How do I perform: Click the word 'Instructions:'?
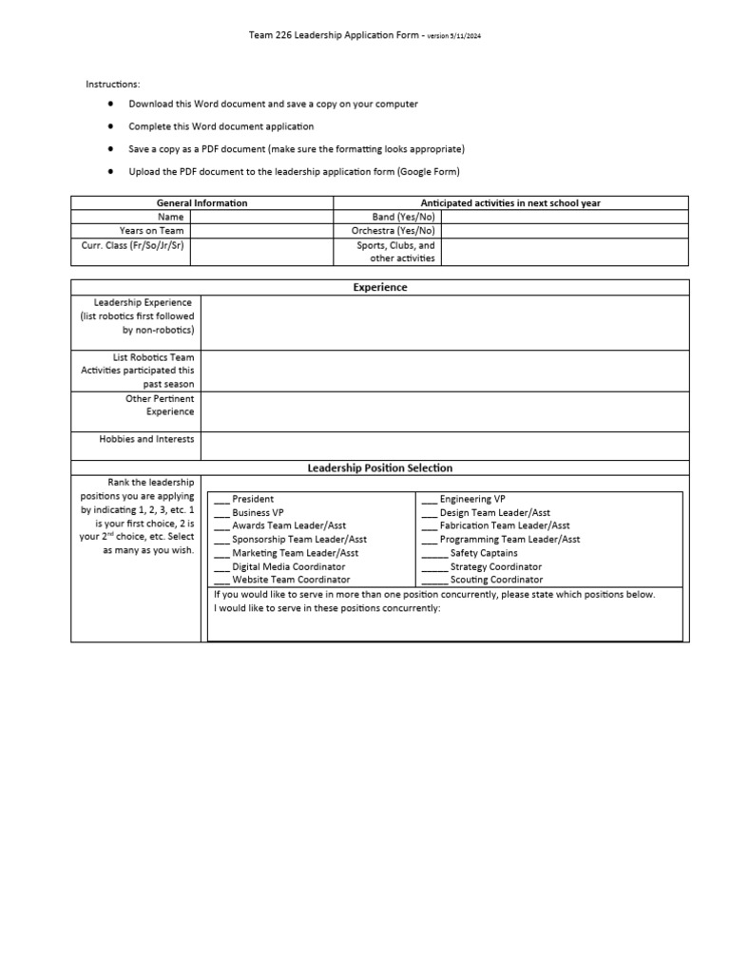coord(113,85)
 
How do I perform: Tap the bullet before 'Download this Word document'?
coord(110,104)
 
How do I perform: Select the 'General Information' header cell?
coord(202,202)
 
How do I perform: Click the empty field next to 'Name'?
coord(261,217)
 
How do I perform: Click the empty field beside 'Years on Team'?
coord(261,231)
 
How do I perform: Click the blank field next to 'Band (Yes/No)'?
coord(565,217)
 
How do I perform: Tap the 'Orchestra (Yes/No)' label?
coord(393,231)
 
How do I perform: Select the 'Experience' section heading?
coord(380,287)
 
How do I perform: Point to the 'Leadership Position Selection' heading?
coord(380,468)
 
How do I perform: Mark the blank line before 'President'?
coord(221,499)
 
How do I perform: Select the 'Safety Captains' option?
coord(484,553)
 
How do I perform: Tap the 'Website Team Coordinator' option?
coord(291,580)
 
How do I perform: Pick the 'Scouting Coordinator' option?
coord(496,580)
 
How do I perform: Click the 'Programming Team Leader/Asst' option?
coord(509,539)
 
